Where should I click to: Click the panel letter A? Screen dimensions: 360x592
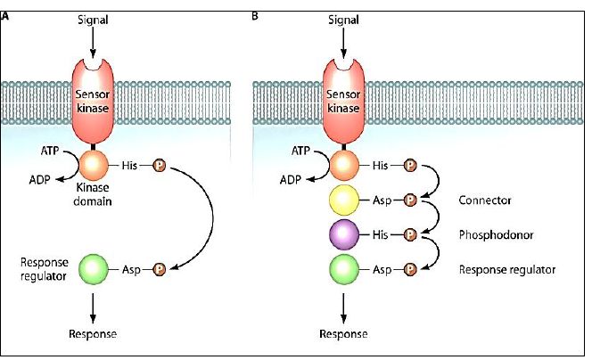pyautogui.click(x=7, y=15)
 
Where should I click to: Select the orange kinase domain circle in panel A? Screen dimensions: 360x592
pyautogui.click(x=94, y=165)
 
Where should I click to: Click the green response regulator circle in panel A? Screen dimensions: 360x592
pyautogui.click(x=94, y=268)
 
